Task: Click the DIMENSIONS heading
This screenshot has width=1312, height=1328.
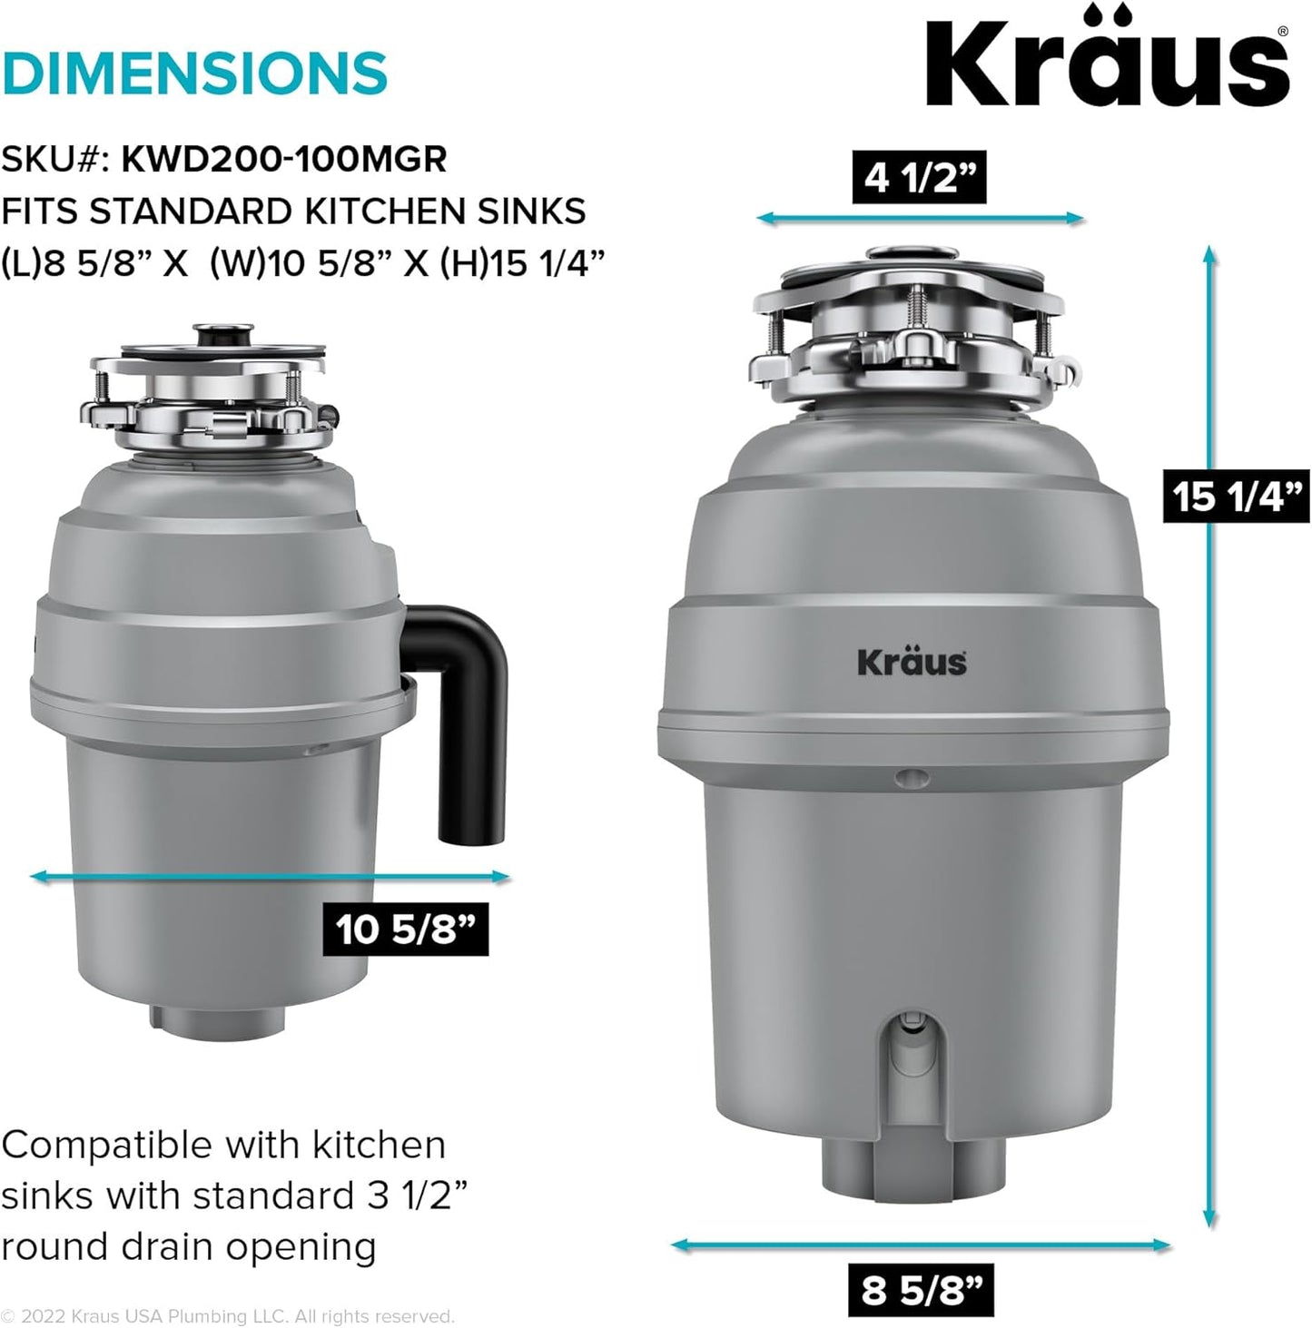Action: click(x=194, y=74)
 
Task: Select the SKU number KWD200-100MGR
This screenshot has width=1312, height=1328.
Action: click(x=284, y=160)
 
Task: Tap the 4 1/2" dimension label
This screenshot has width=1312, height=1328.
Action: click(x=919, y=177)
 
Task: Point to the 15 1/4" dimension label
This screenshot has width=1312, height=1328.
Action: click(x=1236, y=497)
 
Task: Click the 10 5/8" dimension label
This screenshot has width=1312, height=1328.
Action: click(x=405, y=929)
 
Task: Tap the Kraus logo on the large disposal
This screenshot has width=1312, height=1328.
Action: click(x=912, y=662)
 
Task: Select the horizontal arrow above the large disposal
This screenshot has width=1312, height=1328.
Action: click(x=920, y=218)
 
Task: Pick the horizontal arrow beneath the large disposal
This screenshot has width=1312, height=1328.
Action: click(x=920, y=1245)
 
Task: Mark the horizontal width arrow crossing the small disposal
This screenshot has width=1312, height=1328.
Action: click(x=270, y=876)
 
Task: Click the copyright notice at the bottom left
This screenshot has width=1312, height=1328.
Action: click(x=227, y=1316)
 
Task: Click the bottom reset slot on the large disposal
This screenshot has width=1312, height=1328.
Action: click(x=908, y=1044)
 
